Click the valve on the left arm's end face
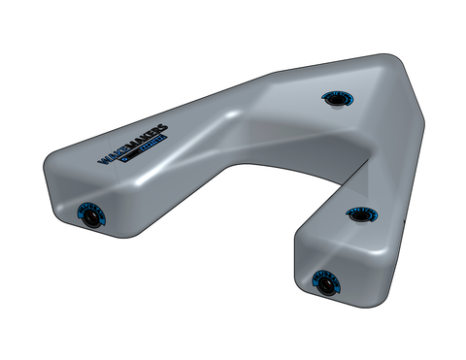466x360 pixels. [x=90, y=219]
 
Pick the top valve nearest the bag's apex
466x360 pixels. [x=333, y=98]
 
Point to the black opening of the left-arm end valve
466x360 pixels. [x=90, y=220]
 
